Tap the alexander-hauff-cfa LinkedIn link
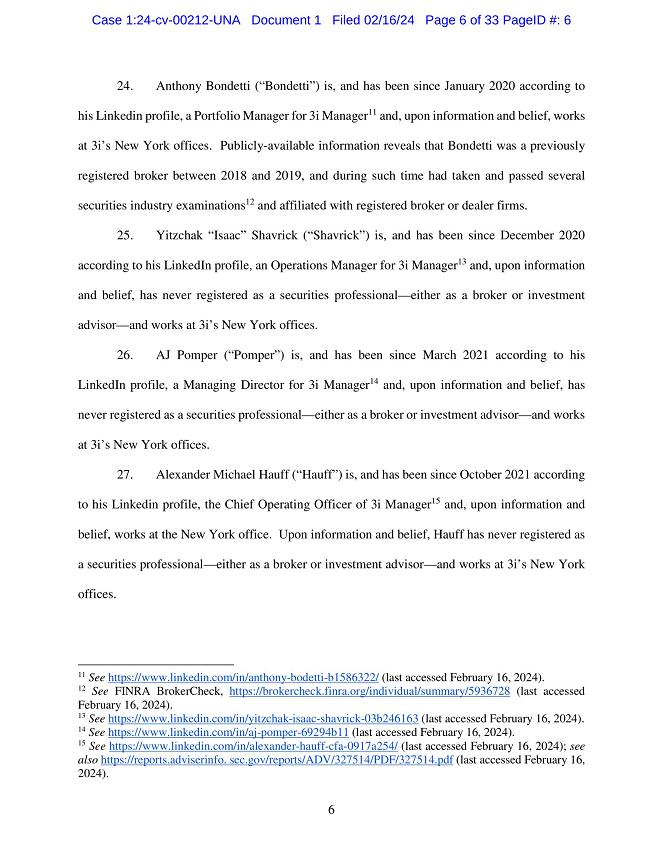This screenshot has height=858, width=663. [253, 746]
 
